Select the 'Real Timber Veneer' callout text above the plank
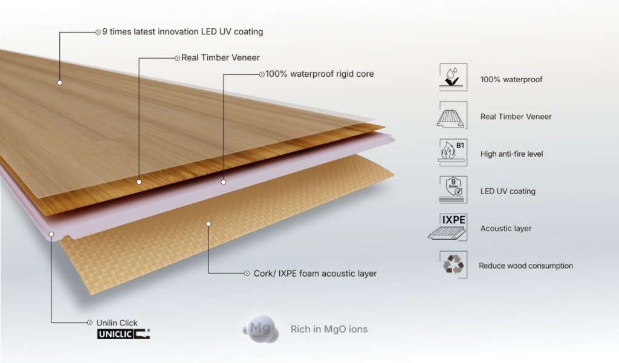tap(221, 57)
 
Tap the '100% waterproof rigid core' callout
tap(320, 74)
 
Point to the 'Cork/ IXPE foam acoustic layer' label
tap(315, 273)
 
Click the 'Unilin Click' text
tap(117, 323)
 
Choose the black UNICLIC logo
tap(123, 334)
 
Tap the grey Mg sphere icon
tap(261, 330)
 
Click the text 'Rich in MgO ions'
tap(329, 330)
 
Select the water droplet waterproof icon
tap(452, 78)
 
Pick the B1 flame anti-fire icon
tap(452, 152)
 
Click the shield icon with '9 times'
tap(452, 189)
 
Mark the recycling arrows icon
tap(453, 265)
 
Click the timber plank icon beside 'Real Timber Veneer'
tap(452, 116)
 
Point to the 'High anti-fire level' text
tap(511, 154)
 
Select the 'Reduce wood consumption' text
tap(526, 266)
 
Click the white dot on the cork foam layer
tap(208, 223)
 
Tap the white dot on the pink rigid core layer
tap(223, 181)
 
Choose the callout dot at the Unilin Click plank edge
tap(52, 233)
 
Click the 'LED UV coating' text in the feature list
tap(508, 191)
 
